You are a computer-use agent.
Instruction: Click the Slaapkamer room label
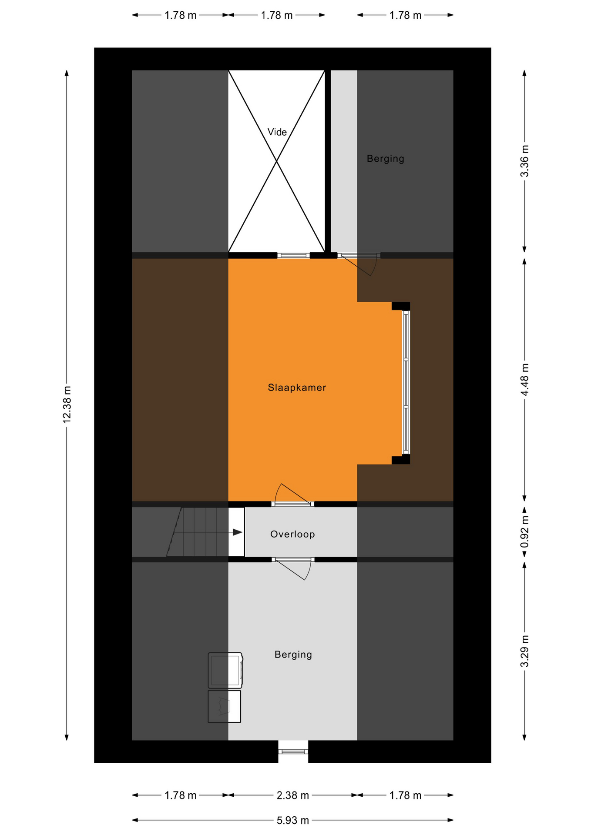click(x=297, y=387)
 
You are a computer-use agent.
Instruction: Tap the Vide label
click(x=277, y=132)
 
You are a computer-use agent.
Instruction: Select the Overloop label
click(x=292, y=534)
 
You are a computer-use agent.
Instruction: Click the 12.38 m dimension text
click(x=67, y=404)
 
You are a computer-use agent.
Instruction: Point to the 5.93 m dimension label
click(x=293, y=820)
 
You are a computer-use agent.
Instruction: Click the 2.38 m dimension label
click(x=293, y=795)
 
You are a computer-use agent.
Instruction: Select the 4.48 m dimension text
click(x=525, y=380)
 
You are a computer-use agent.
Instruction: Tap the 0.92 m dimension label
click(x=525, y=531)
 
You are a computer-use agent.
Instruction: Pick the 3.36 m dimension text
click(x=525, y=161)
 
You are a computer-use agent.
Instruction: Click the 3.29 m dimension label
click(x=525, y=651)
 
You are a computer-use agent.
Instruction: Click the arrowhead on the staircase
click(x=238, y=532)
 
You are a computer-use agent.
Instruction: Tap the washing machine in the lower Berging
click(x=225, y=670)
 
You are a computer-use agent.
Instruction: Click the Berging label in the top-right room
click(x=386, y=159)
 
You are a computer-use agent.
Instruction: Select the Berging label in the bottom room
click(x=293, y=655)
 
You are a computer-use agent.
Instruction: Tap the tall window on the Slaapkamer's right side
click(x=406, y=383)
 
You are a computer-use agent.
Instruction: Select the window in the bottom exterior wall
click(x=293, y=751)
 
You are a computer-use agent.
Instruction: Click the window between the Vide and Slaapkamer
click(x=293, y=255)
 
